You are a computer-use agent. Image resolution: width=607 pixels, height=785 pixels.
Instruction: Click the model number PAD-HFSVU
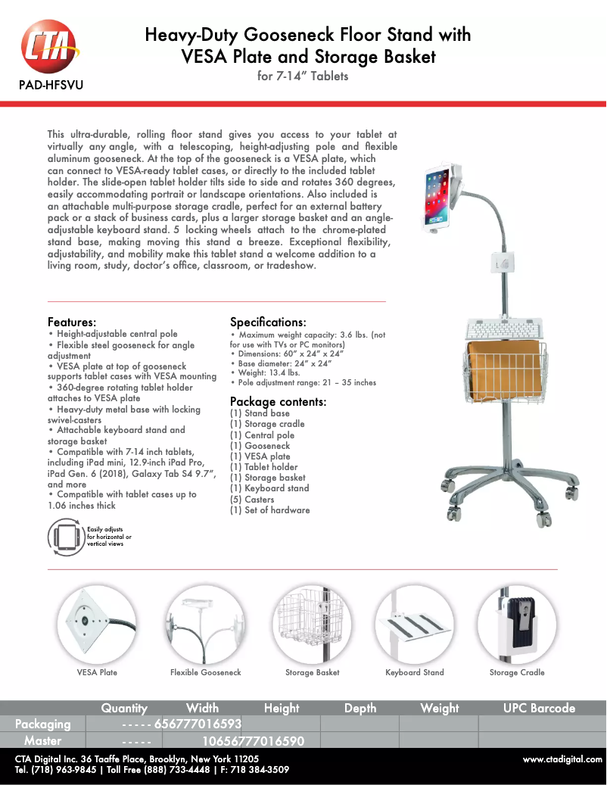tap(50, 84)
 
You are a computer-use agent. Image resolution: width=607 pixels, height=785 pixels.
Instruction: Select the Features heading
tap(72, 322)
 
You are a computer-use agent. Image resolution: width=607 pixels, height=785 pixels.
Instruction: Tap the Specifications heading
tap(268, 322)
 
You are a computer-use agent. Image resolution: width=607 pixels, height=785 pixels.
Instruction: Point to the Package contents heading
tap(278, 401)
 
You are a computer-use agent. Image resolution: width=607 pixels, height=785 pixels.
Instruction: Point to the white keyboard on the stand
tap(505, 330)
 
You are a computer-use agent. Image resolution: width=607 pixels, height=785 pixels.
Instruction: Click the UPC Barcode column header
tap(539, 709)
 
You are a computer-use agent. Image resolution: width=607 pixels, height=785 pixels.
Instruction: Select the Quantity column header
tap(124, 709)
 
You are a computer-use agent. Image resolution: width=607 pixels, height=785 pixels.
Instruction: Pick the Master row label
tap(43, 740)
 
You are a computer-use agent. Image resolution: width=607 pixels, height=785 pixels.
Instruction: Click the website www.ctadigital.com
tap(562, 759)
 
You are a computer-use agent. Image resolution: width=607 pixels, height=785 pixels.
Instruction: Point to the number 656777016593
tap(198, 724)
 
